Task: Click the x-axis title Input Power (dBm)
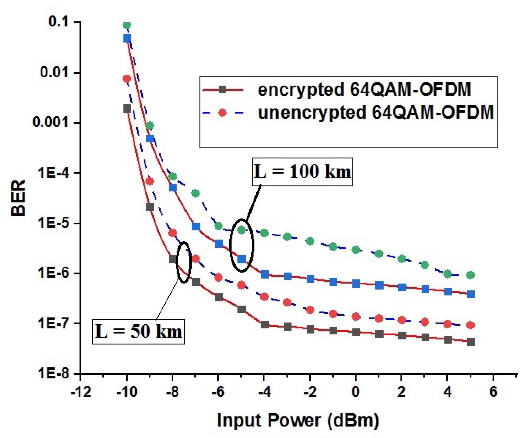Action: pos(298,420)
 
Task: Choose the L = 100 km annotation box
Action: pos(302,172)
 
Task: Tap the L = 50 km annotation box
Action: pos(139,332)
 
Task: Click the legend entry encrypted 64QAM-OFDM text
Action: pos(364,90)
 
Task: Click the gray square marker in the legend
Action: pos(222,90)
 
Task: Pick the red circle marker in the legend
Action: pos(222,113)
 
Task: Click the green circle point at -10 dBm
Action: pos(127,25)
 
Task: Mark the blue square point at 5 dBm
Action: pos(471,294)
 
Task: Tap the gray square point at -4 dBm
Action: pos(265,325)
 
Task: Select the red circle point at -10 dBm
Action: pos(127,78)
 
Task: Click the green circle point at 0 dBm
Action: pos(356,250)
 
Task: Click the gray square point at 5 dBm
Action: pos(471,342)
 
